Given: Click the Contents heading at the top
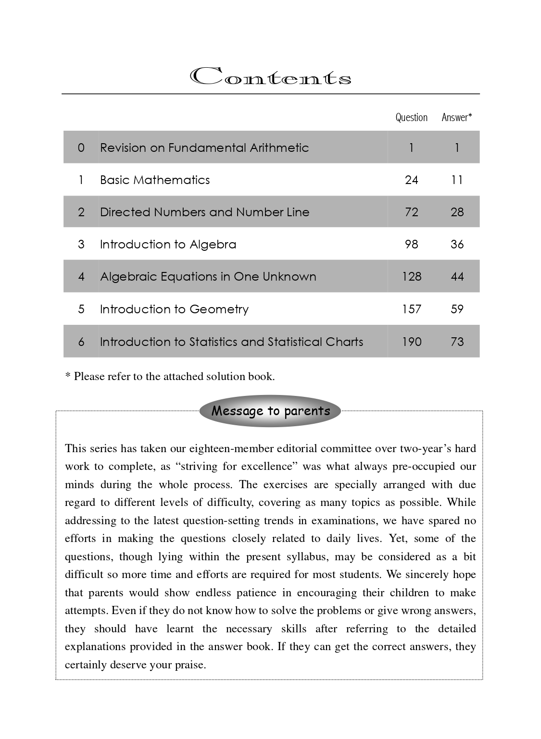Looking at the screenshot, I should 271,77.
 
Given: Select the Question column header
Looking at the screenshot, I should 411,117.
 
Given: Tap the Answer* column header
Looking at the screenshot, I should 456,117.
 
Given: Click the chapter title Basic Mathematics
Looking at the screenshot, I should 155,180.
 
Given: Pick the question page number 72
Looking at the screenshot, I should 412,212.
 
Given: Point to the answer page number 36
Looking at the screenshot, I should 457,244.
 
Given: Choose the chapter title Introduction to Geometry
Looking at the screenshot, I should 174,309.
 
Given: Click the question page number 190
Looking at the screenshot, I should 412,342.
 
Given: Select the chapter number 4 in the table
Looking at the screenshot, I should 81,277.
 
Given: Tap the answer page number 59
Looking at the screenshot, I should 457,309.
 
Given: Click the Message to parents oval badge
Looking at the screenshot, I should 271,411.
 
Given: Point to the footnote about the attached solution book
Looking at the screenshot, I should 170,376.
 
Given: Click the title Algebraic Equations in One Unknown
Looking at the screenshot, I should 208,277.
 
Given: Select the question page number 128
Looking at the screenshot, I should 412,277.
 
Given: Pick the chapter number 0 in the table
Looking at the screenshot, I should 81,148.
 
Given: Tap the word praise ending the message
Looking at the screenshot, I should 189,665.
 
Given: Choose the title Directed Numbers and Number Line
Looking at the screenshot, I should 204,212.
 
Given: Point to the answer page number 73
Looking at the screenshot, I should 457,342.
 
